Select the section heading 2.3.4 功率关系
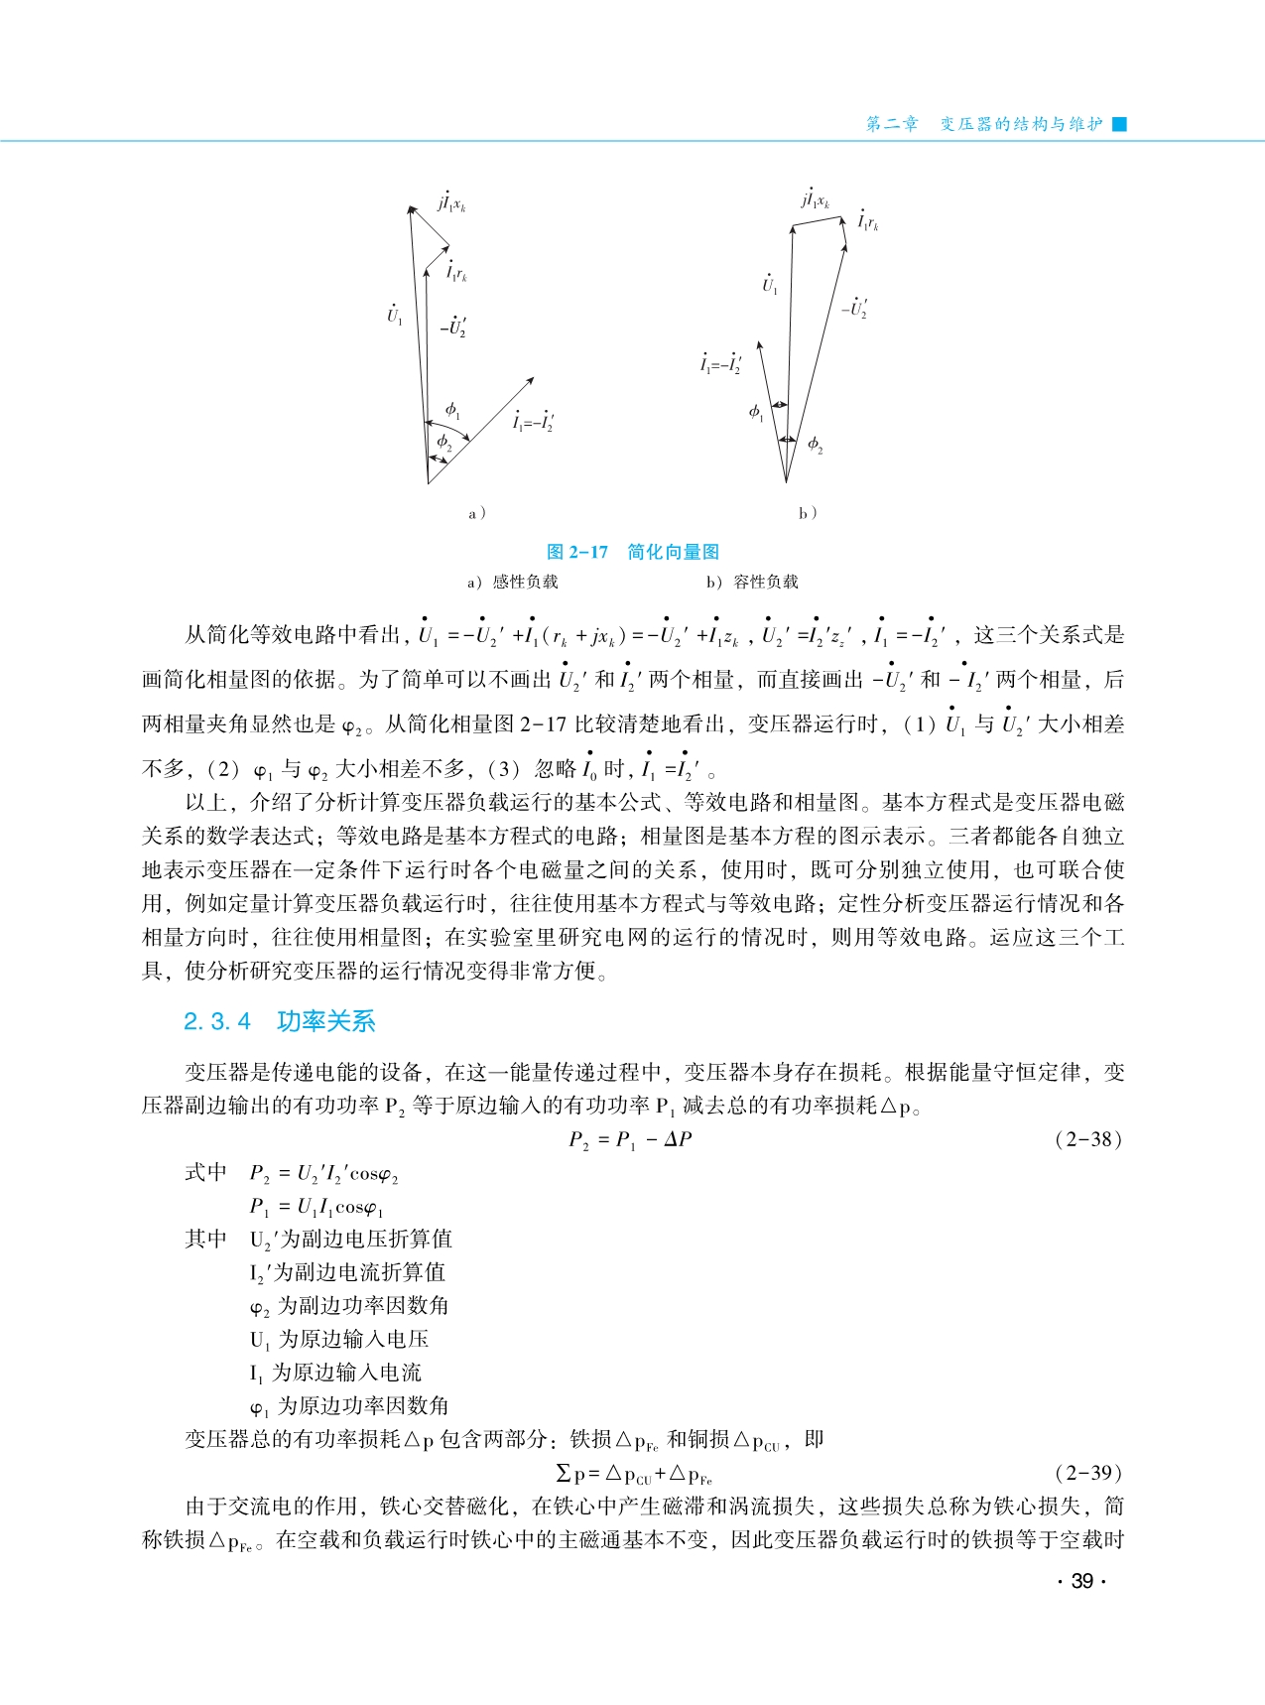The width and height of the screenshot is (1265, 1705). tap(279, 1021)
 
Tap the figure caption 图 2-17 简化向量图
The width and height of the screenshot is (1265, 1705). tap(632, 552)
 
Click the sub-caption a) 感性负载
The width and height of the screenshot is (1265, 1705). tap(513, 582)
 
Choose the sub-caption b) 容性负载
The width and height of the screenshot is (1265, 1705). tap(752, 582)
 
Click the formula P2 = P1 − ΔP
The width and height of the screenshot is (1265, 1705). tap(630, 1140)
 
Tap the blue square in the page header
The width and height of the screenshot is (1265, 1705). tap(1120, 124)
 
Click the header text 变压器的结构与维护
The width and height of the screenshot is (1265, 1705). tap(1021, 124)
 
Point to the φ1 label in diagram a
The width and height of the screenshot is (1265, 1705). tap(452, 409)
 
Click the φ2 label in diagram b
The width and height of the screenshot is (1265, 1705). tap(815, 445)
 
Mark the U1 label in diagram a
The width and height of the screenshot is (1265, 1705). tap(394, 315)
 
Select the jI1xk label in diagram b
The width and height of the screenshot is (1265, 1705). tap(815, 198)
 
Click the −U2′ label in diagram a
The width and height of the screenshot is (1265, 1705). tap(454, 327)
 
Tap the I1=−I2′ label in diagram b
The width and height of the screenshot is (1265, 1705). tap(720, 364)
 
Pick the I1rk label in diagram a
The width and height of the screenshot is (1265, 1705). tap(456, 271)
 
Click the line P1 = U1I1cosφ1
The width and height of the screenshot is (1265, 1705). tap(316, 1207)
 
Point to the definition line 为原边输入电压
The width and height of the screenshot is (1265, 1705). tap(339, 1339)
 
